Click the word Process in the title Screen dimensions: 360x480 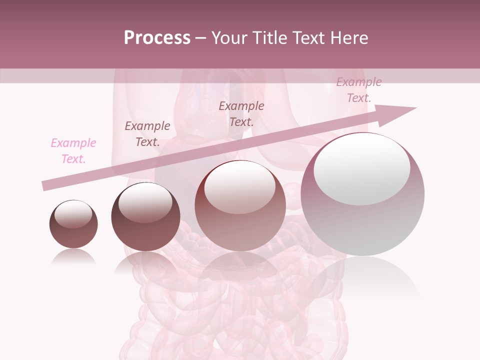[157, 38]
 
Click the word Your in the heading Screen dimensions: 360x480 [230, 38]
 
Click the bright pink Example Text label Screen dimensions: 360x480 [73, 151]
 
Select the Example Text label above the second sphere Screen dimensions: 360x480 [147, 134]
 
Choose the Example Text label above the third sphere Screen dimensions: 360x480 [241, 114]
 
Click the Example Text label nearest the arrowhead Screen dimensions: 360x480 [358, 90]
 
